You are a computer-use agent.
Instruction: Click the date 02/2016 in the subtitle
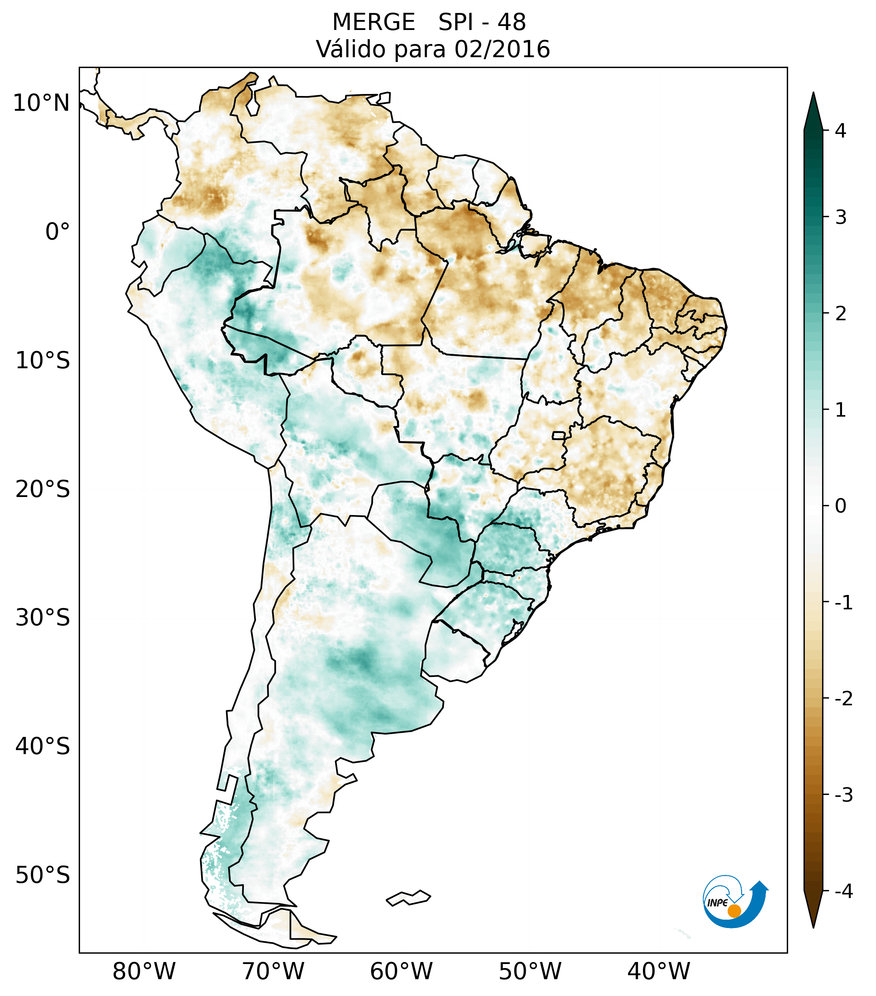502,50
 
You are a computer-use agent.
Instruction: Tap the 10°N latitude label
42,103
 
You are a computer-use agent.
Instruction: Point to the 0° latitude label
58,232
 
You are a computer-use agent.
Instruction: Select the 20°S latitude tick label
43,489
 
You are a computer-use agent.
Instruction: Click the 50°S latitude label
43,875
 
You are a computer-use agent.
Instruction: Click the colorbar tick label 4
840,131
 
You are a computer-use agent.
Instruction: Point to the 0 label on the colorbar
840,506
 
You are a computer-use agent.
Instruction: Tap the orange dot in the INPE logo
734,911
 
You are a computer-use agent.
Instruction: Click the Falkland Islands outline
408,898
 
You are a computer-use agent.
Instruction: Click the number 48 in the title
512,22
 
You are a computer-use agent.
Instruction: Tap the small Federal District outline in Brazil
559,435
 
